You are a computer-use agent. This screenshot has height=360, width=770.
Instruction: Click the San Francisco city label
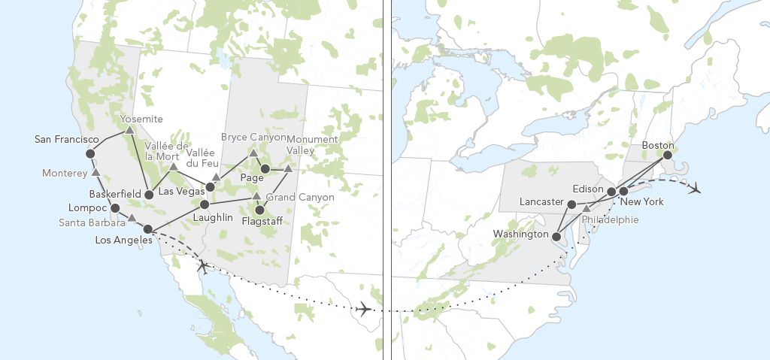click(x=66, y=140)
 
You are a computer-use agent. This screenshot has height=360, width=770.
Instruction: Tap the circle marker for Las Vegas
click(x=211, y=186)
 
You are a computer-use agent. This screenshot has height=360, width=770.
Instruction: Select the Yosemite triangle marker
click(x=129, y=130)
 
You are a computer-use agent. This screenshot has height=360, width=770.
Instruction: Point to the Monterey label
click(x=65, y=173)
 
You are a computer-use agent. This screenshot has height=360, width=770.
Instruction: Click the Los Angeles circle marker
click(x=148, y=229)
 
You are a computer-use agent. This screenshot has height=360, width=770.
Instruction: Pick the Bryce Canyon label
click(x=253, y=138)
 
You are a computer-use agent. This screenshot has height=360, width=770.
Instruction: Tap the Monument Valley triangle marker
click(x=288, y=168)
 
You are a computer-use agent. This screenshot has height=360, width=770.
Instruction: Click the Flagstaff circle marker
click(x=260, y=210)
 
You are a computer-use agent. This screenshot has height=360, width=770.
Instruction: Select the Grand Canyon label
click(x=296, y=196)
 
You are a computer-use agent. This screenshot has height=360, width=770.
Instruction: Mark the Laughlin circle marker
click(x=205, y=204)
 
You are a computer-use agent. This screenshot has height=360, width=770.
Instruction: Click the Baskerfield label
click(x=114, y=194)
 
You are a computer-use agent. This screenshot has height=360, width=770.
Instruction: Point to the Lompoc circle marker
click(x=115, y=207)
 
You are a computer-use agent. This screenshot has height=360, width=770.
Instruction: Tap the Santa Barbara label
click(x=92, y=222)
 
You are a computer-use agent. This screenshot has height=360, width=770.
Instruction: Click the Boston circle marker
click(x=666, y=156)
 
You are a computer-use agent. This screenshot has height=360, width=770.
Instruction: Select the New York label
click(x=642, y=202)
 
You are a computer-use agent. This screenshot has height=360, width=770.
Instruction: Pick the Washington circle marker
click(x=556, y=236)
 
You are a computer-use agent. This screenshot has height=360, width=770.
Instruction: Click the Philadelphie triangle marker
click(x=587, y=208)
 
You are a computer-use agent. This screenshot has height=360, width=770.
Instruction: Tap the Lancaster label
click(x=541, y=202)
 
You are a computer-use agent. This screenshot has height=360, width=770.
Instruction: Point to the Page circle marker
click(x=265, y=168)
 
